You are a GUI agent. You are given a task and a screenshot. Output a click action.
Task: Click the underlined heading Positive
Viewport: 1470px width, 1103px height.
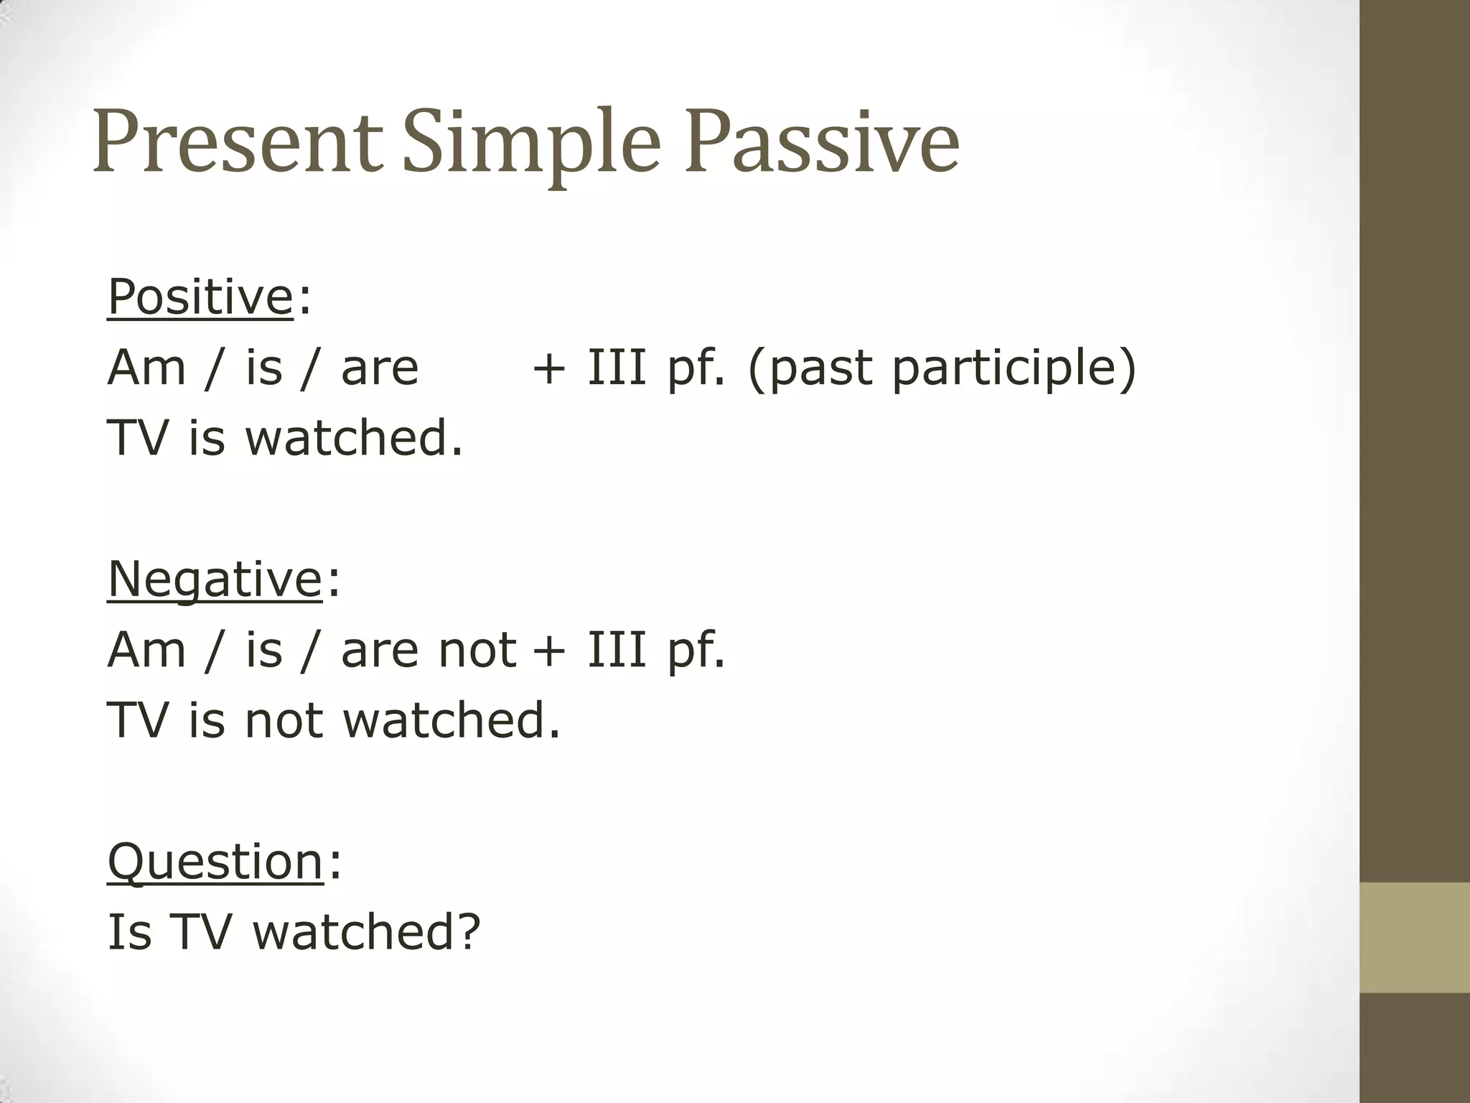click(x=200, y=297)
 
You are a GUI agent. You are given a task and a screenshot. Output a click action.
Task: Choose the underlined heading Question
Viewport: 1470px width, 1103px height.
click(x=215, y=861)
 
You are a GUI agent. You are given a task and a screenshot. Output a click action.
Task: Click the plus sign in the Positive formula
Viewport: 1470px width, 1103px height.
click(x=549, y=369)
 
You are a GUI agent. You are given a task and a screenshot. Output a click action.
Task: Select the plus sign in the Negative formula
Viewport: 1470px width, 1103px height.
click(x=549, y=651)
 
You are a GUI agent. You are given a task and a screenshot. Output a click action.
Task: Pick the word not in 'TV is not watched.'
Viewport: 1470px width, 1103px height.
click(x=284, y=720)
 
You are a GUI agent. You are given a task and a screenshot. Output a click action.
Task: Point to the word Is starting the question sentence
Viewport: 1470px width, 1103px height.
click(x=129, y=931)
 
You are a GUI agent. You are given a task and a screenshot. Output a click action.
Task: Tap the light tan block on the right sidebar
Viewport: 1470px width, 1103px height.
click(x=1414, y=937)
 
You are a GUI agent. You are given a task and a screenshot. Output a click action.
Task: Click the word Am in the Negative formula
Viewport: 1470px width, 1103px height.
click(x=146, y=651)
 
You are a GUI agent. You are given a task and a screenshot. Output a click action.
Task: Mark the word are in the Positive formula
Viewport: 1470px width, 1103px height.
click(x=379, y=369)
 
